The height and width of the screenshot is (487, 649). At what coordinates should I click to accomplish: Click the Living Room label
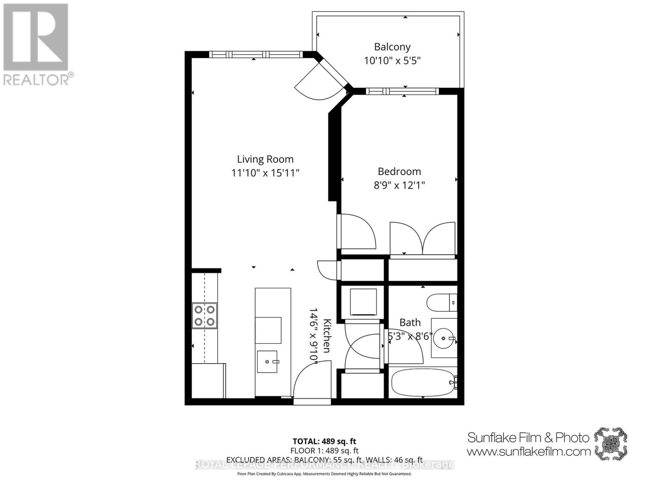pos(265,159)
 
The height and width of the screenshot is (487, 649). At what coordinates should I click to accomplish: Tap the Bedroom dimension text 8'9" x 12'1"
pos(399,185)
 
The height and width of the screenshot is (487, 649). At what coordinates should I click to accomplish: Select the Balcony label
pos(392,47)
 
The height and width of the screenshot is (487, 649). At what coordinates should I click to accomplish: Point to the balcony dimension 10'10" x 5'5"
pos(392,61)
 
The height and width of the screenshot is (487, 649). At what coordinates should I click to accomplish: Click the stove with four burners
pos(204,315)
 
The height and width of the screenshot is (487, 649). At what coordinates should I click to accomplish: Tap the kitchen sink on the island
pos(267,362)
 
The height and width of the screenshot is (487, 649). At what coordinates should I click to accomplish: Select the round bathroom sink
pos(443,338)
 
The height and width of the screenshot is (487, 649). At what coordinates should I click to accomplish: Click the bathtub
pos(423,382)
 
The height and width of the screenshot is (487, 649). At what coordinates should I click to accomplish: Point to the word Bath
pos(410,323)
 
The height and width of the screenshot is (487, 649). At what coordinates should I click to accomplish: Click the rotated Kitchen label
pos(327,336)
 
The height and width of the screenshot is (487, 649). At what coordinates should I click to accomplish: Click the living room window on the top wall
pos(256,54)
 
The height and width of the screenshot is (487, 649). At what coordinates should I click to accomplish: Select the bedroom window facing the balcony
pos(402,91)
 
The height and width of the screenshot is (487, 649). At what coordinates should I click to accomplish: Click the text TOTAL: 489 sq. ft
pos(324,441)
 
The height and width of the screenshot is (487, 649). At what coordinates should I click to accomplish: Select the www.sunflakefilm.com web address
pos(529,451)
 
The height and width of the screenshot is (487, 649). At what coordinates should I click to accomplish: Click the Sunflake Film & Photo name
pos(528,437)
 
